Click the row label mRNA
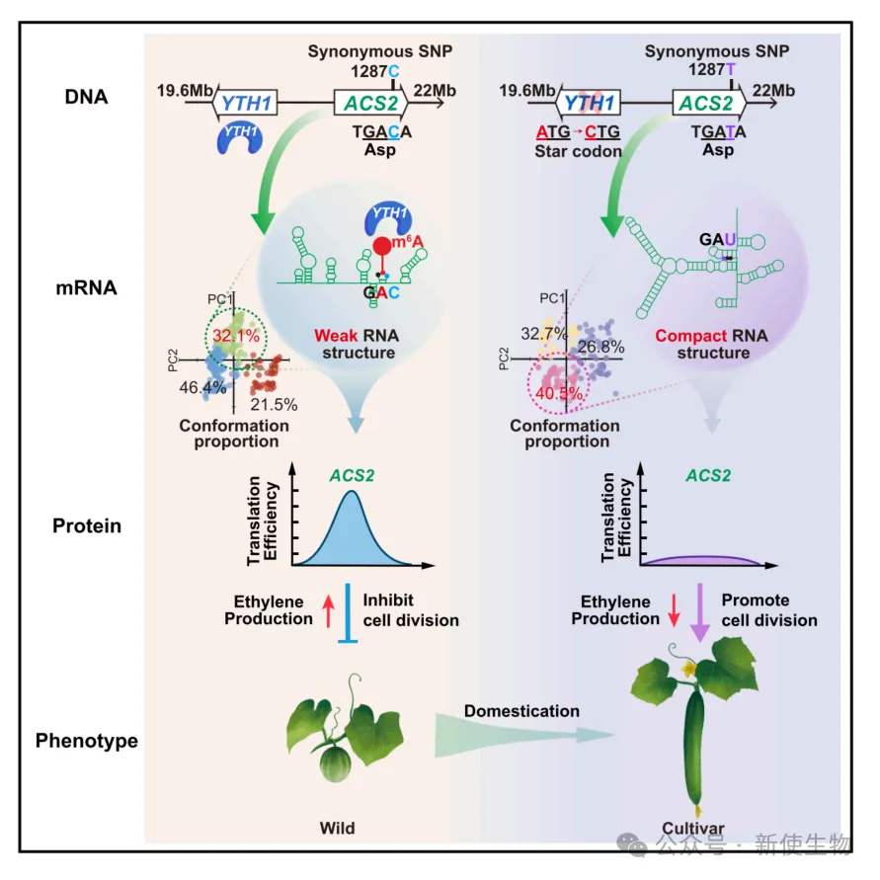point(86,289)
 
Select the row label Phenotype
point(87,740)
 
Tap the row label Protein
point(87,525)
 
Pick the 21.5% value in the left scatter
point(273,403)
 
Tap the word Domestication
point(521,710)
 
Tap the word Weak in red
point(334,336)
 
